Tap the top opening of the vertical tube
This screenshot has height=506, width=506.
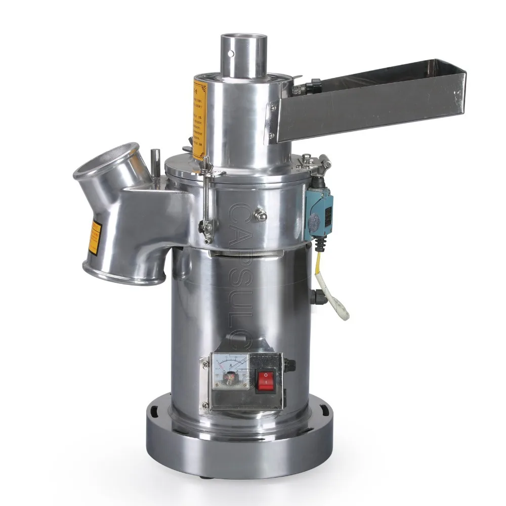coord(244,38)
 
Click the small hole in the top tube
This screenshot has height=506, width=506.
coord(231,53)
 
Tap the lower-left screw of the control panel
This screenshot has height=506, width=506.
coord(205,405)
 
